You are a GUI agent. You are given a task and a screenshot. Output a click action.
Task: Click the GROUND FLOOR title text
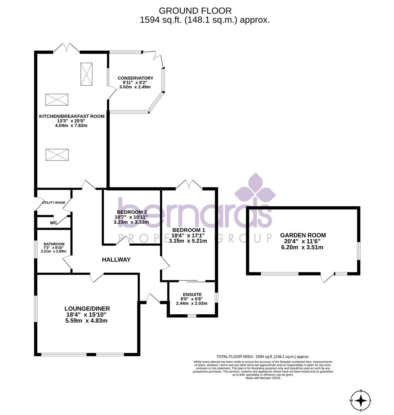[x=195, y=11]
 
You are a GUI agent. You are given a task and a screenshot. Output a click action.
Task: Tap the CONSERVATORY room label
[x=135, y=78]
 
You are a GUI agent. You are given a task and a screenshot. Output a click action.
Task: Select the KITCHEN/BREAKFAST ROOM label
[x=72, y=116]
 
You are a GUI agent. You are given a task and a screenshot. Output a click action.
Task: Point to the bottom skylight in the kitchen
[x=58, y=155]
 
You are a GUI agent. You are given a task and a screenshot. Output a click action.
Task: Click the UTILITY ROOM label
[x=53, y=203]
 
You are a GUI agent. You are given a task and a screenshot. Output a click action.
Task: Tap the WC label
[x=53, y=223]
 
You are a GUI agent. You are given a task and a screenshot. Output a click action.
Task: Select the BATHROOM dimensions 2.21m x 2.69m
[x=54, y=252]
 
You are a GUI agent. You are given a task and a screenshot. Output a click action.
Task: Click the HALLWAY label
[x=116, y=260]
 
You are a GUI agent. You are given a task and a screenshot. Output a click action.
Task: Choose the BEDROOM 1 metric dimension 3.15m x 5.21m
[x=188, y=241]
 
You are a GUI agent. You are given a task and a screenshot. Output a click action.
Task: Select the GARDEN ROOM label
[x=303, y=235]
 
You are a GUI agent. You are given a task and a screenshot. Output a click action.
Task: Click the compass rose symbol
[x=361, y=400]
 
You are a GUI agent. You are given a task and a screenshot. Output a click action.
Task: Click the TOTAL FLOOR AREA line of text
[x=263, y=357]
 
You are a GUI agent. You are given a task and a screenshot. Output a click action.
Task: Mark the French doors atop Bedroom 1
[x=189, y=185]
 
